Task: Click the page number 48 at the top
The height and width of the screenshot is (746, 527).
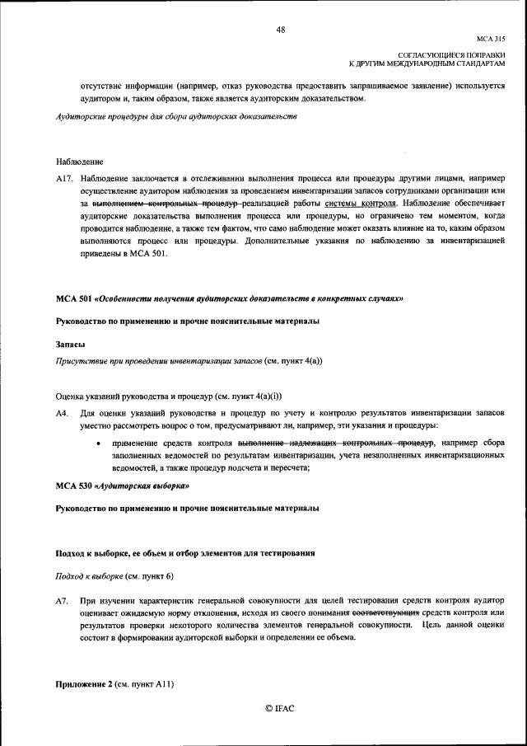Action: [281, 30]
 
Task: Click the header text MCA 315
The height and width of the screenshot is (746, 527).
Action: [491, 39]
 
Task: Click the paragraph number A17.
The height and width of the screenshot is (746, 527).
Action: [65, 178]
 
